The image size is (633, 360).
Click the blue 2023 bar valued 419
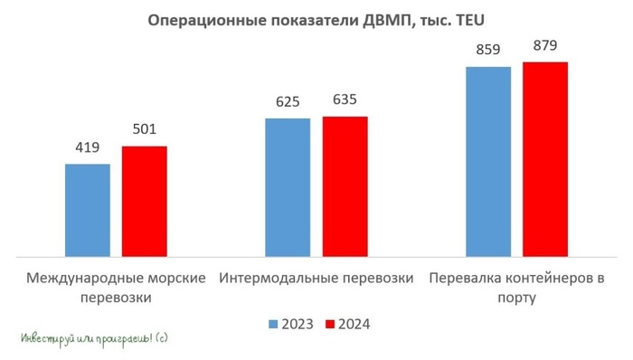88,210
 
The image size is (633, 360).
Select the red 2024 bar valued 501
145,201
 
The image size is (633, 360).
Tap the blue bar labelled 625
288,187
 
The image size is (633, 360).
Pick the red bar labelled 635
345,186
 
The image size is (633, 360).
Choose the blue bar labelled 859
487,161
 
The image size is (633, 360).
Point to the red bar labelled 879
544,159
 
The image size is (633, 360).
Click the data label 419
88,148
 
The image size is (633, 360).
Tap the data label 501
145,130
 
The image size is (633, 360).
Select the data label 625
288,102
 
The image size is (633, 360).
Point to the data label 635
345,100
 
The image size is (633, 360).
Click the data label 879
544,46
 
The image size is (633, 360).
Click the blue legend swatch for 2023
273,324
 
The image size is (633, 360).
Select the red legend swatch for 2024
330,324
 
